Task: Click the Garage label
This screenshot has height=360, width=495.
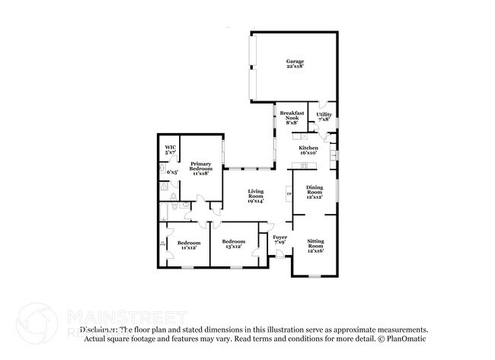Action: click(x=295, y=61)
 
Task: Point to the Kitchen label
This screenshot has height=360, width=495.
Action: click(x=308, y=148)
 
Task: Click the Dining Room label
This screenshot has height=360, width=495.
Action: click(x=315, y=190)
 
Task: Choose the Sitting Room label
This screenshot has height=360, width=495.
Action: click(x=315, y=244)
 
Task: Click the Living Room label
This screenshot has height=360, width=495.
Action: click(x=255, y=194)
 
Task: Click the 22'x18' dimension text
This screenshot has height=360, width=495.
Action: click(x=295, y=67)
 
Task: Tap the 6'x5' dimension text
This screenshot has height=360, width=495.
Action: click(x=172, y=172)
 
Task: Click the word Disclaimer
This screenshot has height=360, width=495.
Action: click(x=100, y=330)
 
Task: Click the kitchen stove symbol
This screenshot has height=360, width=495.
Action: click(x=304, y=164)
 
